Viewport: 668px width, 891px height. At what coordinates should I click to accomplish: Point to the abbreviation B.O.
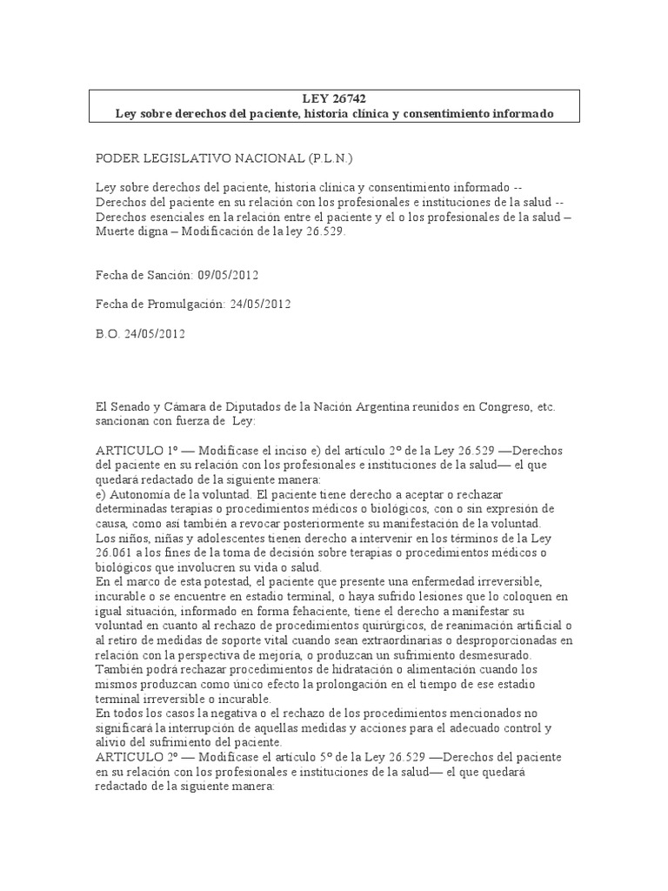pos(108,332)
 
